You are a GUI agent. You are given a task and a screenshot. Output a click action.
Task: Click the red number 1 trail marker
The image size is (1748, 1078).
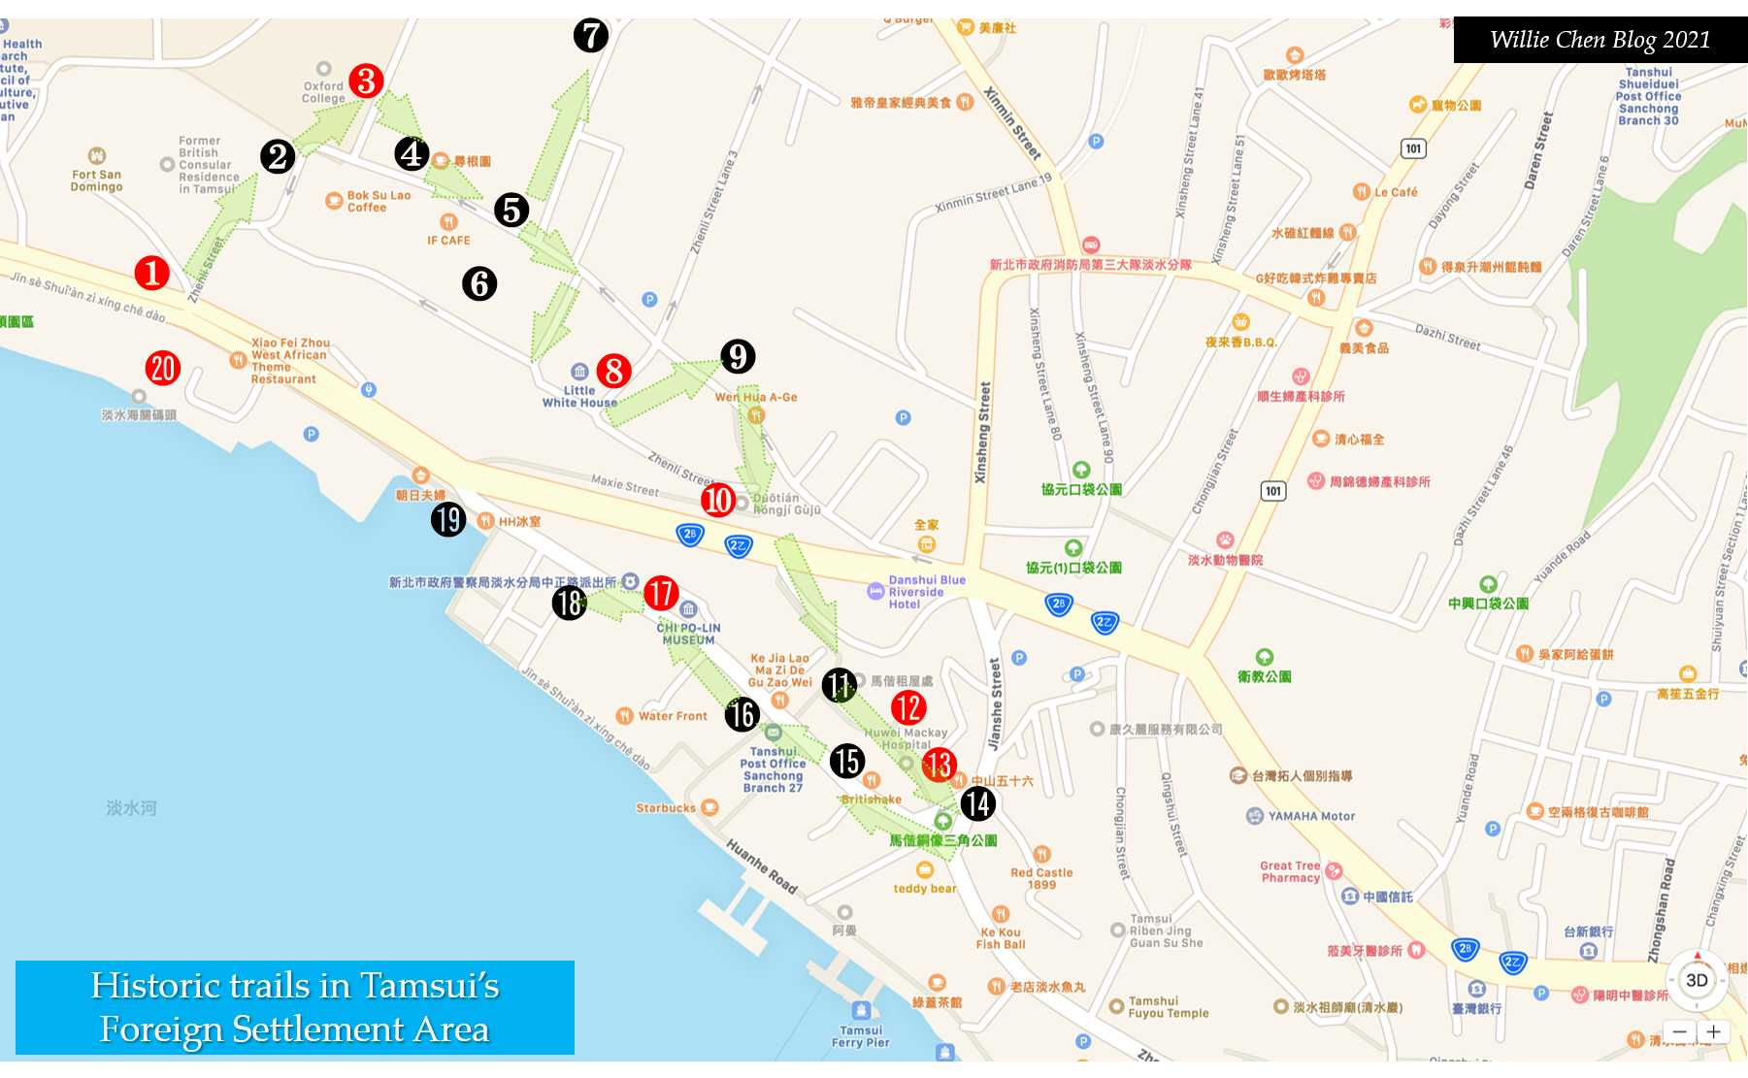tap(151, 273)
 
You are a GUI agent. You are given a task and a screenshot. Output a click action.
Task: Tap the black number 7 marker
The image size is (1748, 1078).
tap(590, 36)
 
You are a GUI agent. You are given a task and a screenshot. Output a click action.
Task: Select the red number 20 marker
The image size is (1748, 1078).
tap(162, 368)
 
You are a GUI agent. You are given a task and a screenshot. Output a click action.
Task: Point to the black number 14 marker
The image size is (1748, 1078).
tap(977, 803)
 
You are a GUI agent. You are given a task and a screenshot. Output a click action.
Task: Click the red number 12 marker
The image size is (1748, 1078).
tap(908, 707)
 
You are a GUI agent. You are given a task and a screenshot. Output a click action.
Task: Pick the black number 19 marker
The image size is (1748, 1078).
tap(448, 519)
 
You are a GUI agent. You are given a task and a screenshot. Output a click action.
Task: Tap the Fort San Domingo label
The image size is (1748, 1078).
tap(96, 180)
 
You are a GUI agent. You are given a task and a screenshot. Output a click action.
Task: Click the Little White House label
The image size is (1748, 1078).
tap(579, 396)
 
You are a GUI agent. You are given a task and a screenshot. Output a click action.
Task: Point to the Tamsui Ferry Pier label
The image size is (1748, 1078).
tap(861, 1036)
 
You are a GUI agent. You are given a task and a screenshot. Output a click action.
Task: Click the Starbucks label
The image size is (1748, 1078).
tap(667, 808)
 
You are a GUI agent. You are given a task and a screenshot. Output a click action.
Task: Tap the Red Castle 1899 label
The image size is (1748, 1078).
tap(1041, 878)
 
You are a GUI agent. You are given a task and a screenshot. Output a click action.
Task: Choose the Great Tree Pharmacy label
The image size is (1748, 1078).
tap(1290, 871)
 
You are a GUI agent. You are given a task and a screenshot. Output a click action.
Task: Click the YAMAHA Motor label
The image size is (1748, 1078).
tap(1310, 816)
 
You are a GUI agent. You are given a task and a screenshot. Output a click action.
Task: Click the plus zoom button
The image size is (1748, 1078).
tap(1714, 1031)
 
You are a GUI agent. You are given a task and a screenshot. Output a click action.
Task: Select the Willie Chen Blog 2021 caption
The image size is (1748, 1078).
tap(1600, 40)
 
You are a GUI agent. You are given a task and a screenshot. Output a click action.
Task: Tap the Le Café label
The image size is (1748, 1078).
tap(1395, 192)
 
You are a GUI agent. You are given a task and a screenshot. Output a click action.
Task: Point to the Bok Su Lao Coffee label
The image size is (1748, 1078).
tap(379, 201)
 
